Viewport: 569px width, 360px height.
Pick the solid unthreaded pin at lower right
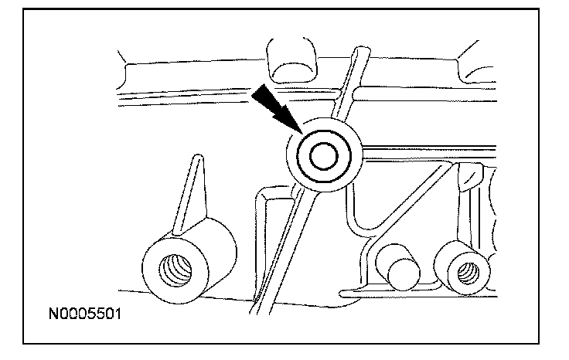(402, 270)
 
